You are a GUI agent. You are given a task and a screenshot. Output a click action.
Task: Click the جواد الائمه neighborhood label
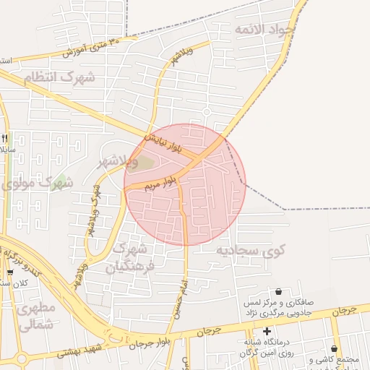263,29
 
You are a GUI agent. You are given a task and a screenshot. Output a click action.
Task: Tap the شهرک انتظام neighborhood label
59,77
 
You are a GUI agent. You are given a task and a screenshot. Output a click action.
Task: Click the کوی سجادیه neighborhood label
250,251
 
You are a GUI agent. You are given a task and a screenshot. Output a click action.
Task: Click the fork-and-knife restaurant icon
5,138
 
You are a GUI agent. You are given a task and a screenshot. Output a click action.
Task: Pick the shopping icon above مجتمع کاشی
334,348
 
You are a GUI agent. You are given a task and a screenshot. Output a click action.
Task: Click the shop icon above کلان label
9,272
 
